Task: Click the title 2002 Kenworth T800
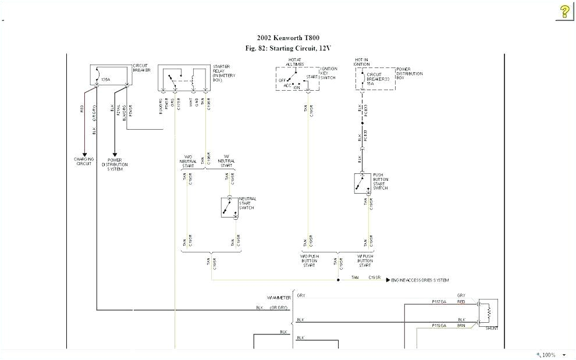pos(287,38)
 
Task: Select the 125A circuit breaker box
pos(111,75)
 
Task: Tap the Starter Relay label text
pos(223,71)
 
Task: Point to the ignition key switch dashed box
pos(297,79)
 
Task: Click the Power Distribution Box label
pos(410,73)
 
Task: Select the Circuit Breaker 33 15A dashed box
pos(376,78)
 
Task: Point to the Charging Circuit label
pos(84,161)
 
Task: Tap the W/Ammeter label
pos(279,297)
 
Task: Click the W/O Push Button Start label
pos(310,261)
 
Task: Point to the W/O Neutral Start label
pos(189,161)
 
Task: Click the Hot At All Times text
pos(296,62)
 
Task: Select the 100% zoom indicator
pos(549,355)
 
